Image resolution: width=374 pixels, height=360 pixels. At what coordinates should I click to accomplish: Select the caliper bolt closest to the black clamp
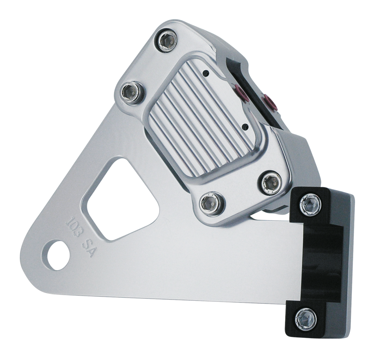pyautogui.click(x=270, y=181)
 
